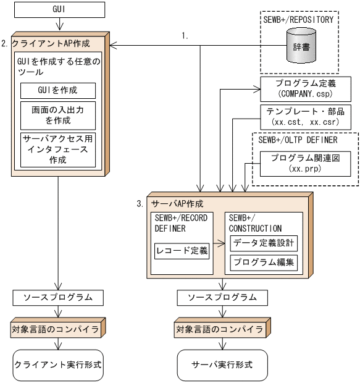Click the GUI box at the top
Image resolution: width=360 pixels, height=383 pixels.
[57, 11]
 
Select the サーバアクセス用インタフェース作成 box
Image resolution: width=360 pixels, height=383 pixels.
[59, 149]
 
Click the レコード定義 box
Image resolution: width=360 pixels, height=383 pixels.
[182, 251]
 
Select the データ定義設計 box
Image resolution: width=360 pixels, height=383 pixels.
[264, 243]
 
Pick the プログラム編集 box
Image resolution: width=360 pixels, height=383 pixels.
[264, 263]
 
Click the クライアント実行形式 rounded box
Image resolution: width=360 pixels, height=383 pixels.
[57, 364]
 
